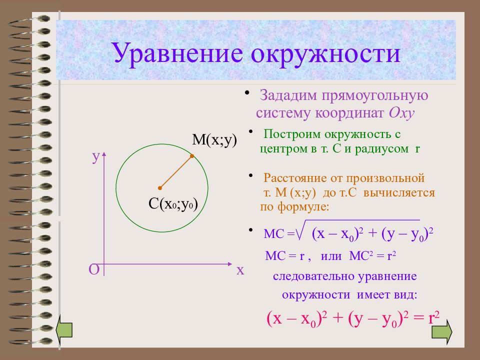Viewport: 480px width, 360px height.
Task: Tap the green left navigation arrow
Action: [x=64, y=330]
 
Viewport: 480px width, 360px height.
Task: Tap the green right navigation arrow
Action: [x=441, y=331]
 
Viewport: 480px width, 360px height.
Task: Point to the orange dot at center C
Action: [x=160, y=188]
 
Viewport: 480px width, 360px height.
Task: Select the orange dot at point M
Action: [x=192, y=156]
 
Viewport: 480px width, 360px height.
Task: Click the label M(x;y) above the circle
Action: [x=214, y=140]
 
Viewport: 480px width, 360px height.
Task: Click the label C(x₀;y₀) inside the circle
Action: [x=173, y=204]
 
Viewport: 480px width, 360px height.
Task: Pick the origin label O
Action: [x=93, y=270]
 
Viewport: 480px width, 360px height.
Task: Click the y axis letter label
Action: [x=96, y=157]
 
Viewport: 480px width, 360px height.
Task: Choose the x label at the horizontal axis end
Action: [x=240, y=270]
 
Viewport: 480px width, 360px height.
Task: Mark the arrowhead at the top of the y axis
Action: [x=104, y=153]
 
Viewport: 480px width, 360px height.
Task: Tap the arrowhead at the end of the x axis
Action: [x=230, y=263]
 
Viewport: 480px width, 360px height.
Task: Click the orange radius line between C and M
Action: [x=176, y=172]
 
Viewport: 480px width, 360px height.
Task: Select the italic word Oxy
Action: [x=401, y=113]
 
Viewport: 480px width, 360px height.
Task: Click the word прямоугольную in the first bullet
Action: [x=374, y=96]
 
